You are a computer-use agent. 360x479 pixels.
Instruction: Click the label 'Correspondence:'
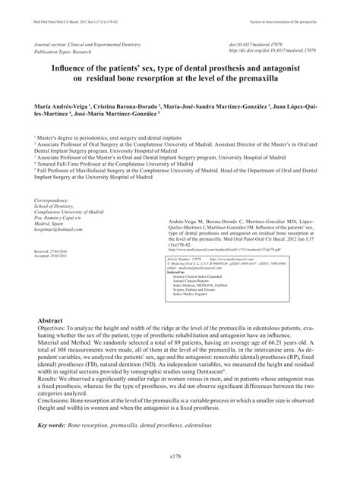point(55,200)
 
